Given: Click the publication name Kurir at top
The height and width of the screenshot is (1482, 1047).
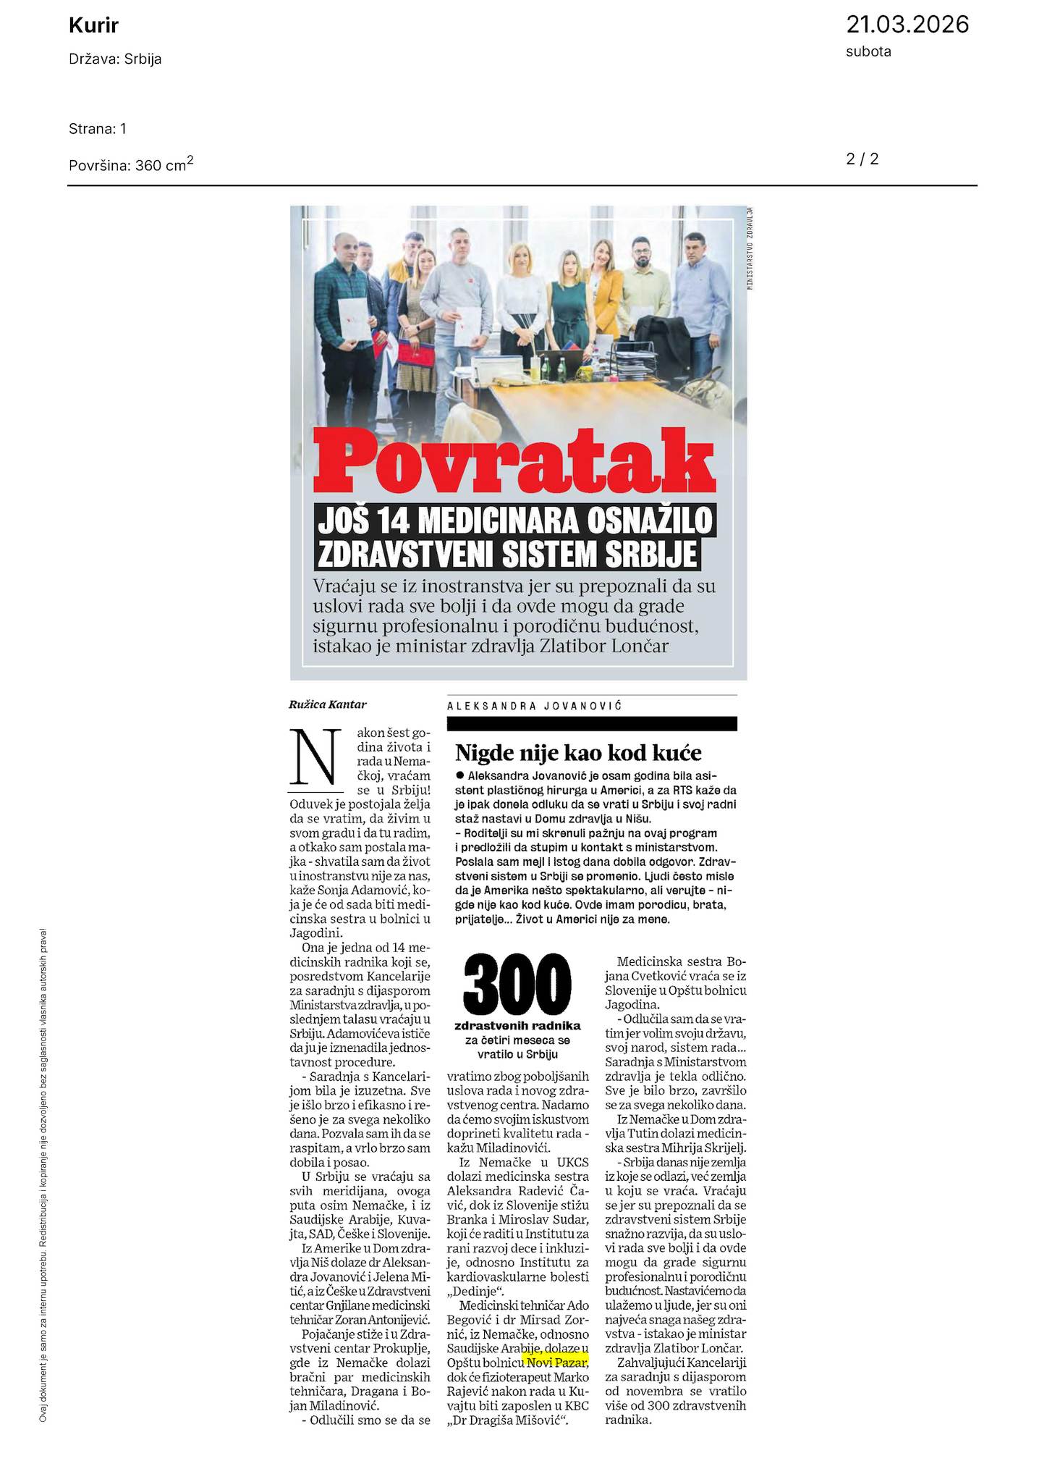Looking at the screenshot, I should (x=93, y=26).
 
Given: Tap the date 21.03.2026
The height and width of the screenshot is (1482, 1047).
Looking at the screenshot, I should (x=907, y=25).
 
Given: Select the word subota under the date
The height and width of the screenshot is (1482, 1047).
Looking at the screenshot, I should (x=868, y=51).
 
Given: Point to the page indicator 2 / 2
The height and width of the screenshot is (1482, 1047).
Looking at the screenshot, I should (x=862, y=159).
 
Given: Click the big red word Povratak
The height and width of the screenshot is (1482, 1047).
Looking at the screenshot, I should (x=517, y=460).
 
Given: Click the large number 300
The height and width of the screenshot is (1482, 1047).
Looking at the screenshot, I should (x=517, y=986).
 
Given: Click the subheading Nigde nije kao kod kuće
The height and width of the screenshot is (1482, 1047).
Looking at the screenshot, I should (x=578, y=753).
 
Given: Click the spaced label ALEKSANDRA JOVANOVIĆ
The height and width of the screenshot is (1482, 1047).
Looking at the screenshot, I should (x=535, y=706).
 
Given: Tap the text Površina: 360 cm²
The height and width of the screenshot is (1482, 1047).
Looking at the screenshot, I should (x=131, y=164).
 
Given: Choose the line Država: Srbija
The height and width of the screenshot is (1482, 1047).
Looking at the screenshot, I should (x=115, y=59).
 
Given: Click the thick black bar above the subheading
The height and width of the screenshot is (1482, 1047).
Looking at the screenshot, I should (x=591, y=723).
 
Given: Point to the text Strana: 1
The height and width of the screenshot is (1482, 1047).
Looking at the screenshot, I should (x=98, y=129).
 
